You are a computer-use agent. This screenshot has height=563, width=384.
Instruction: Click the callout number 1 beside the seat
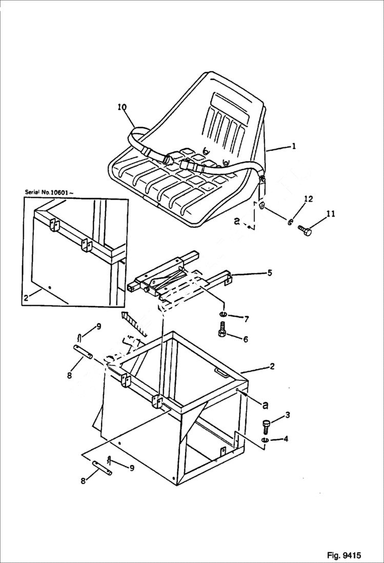[294, 146]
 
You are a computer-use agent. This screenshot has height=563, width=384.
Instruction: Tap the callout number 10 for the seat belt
[122, 107]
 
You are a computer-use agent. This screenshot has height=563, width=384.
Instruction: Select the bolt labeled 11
[305, 231]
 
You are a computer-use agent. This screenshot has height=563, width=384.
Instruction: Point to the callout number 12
[308, 199]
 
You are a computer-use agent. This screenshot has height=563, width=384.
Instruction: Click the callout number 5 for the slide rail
[270, 273]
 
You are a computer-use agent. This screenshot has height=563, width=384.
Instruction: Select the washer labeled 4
[265, 440]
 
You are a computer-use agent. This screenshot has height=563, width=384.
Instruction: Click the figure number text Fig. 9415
[343, 555]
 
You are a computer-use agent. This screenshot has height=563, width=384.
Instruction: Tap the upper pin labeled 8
[83, 354]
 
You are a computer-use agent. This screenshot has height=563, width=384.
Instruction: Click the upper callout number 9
[98, 326]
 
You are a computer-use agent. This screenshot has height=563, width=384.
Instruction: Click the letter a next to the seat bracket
[236, 221]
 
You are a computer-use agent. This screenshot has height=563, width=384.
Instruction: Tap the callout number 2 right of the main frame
[272, 366]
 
